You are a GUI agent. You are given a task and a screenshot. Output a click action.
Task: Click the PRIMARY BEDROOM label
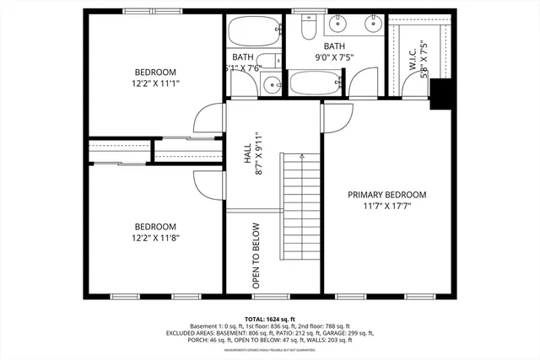tap(387, 195)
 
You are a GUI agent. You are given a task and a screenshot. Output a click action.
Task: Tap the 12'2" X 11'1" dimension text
tap(154, 83)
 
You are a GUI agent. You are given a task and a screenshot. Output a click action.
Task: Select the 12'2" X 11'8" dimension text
tap(155, 238)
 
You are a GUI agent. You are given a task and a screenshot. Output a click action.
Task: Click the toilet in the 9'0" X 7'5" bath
tap(308, 28)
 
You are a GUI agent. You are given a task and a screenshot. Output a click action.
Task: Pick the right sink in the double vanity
tap(371, 23)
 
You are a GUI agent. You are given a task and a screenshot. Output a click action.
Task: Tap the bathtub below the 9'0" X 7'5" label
tap(316, 84)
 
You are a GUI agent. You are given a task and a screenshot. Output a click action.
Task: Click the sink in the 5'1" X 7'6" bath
tap(270, 84)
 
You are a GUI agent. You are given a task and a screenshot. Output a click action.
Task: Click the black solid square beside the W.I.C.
tap(440, 94)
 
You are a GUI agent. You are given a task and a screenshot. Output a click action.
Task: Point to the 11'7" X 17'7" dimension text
tap(387, 207)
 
